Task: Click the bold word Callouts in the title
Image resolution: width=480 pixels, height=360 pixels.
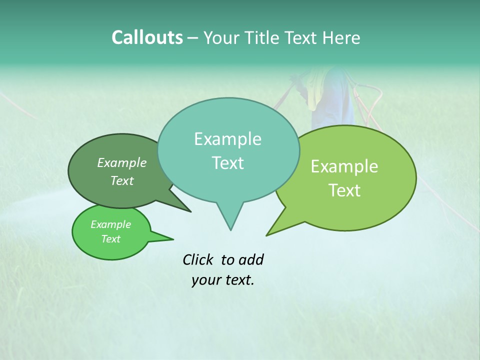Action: click(147, 37)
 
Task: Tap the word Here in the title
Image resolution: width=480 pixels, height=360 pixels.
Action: click(341, 37)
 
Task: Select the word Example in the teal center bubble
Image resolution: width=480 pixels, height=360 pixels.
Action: click(227, 139)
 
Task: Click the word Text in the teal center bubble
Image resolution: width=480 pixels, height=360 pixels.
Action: click(227, 163)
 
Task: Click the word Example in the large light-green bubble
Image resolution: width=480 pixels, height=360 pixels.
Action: click(344, 166)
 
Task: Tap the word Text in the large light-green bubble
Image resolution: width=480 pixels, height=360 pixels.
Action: click(344, 190)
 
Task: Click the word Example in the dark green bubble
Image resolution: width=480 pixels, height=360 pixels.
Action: click(122, 163)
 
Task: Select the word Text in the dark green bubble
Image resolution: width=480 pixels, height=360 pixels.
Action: click(122, 181)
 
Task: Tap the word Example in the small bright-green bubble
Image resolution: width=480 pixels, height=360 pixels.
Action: click(110, 224)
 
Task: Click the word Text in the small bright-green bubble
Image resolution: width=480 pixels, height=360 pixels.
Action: click(110, 239)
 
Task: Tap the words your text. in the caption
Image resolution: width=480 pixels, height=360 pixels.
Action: click(223, 280)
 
